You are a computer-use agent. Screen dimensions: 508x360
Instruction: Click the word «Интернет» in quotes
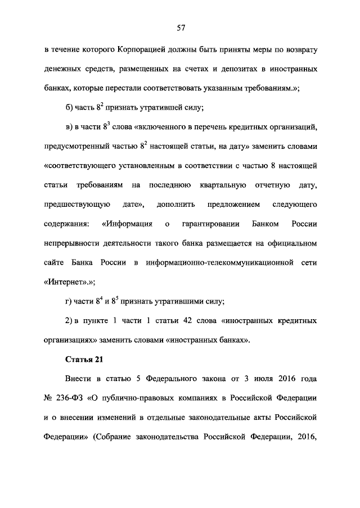(66, 282)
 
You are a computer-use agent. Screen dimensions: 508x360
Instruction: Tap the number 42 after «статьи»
(197, 321)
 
